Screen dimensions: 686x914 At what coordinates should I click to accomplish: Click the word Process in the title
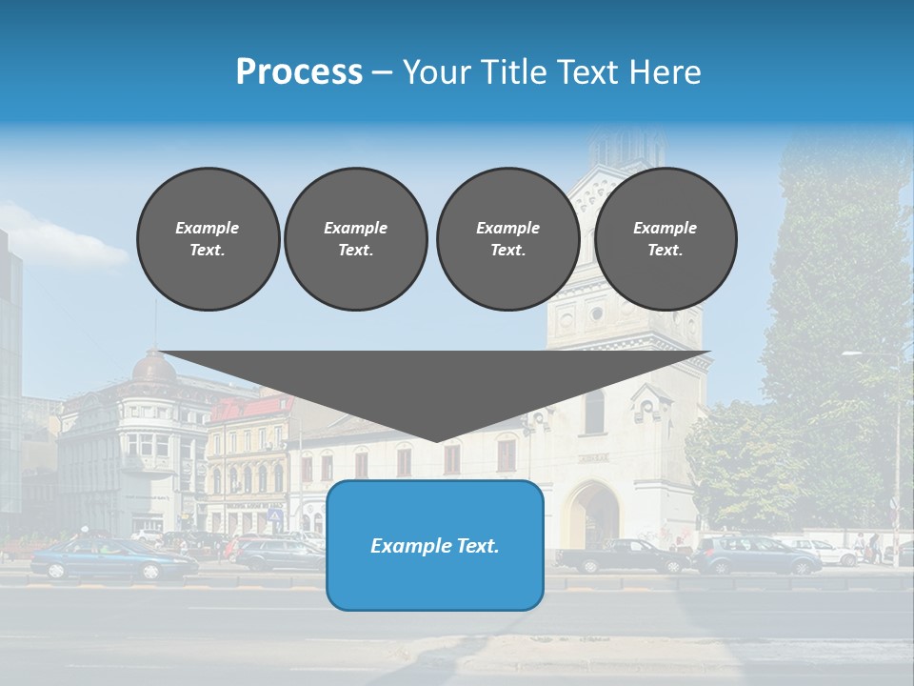[x=299, y=72]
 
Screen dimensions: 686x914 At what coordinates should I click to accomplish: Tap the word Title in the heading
[x=511, y=72]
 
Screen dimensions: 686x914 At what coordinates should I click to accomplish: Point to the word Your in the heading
[x=437, y=72]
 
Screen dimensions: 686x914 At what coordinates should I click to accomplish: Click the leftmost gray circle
[x=208, y=239]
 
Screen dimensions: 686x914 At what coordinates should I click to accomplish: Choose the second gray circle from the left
[x=355, y=239]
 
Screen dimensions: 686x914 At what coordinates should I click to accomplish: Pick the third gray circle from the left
[x=507, y=239]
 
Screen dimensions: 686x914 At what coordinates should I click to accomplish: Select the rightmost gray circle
[x=665, y=239]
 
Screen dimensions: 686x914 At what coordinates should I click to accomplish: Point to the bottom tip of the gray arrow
[x=436, y=440]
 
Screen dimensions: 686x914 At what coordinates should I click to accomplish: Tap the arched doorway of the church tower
[x=592, y=515]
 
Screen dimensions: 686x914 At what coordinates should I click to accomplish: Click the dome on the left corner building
[x=154, y=367]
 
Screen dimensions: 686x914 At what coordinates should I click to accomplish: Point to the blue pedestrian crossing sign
[x=276, y=515]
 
